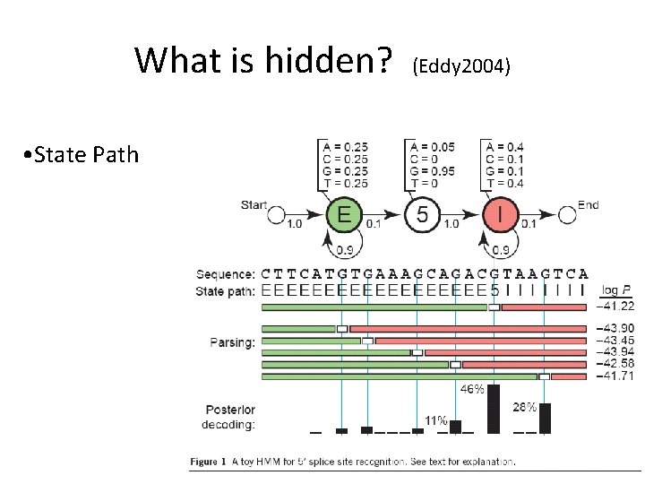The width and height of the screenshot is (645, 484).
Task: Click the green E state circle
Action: pyautogui.click(x=344, y=215)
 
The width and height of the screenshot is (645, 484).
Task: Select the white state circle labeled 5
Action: pyautogui.click(x=422, y=215)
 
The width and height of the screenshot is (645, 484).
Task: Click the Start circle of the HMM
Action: pyautogui.click(x=278, y=216)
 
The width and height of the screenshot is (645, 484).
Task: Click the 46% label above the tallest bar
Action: pyautogui.click(x=472, y=390)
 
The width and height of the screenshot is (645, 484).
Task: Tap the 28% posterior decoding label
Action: pyautogui.click(x=525, y=408)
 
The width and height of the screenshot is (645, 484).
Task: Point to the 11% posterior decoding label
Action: pyautogui.click(x=436, y=419)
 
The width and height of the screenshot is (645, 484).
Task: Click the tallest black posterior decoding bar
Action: pyautogui.click(x=493, y=410)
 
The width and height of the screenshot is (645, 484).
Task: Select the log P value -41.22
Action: pyautogui.click(x=615, y=307)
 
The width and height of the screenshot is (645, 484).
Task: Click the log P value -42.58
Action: pyautogui.click(x=615, y=364)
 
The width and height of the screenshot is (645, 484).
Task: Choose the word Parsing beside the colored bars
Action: pyautogui.click(x=233, y=341)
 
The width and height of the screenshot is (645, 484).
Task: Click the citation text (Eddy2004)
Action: pyautogui.click(x=461, y=65)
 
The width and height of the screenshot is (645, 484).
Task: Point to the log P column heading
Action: pyautogui.click(x=616, y=289)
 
